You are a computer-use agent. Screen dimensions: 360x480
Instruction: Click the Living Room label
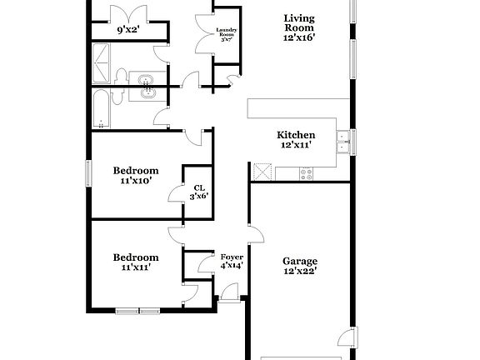click(299, 27)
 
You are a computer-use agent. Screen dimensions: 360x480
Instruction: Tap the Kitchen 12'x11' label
click(296, 139)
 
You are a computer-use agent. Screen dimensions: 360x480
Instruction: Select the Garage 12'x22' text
click(299, 265)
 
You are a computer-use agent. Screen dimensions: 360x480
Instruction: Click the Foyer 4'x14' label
click(231, 261)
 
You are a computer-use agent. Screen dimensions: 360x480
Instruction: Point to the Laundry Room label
click(227, 37)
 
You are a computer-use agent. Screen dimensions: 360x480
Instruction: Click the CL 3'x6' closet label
click(199, 192)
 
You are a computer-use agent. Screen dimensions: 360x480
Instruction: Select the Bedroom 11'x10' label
click(136, 175)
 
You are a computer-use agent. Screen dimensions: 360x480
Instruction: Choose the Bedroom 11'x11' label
click(136, 262)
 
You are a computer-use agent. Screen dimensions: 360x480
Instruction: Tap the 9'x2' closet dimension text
click(128, 30)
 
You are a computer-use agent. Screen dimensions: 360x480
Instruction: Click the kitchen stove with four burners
click(306, 173)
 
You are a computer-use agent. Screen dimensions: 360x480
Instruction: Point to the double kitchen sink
click(342, 143)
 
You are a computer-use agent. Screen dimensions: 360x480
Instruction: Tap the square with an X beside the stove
click(262, 172)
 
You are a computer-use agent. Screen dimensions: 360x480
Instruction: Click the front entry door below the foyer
click(228, 292)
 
